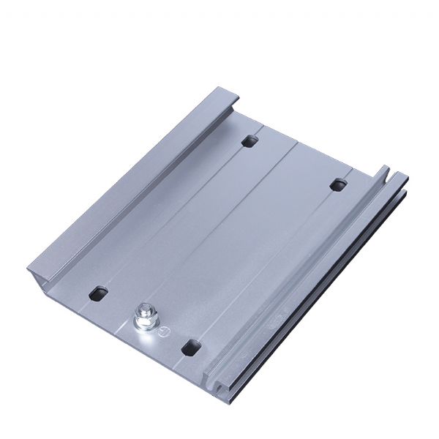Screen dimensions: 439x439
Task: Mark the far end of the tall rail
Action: pos(223,96)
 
